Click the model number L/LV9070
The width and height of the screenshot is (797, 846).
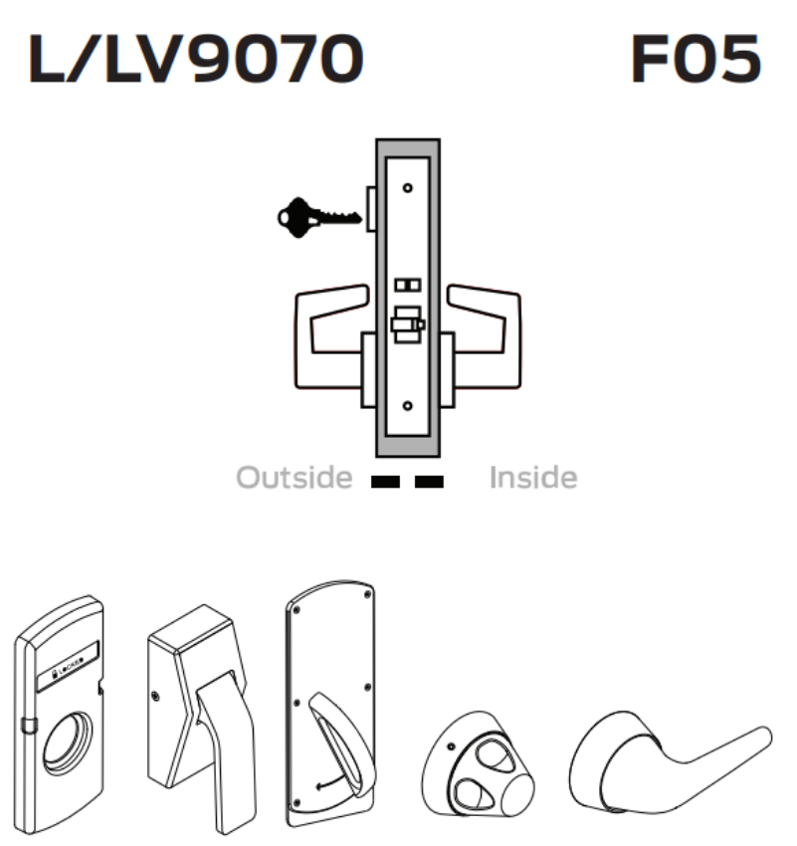(196, 62)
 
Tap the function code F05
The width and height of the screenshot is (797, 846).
(696, 62)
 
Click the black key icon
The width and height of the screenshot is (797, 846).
(316, 215)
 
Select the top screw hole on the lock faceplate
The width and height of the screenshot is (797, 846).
(407, 187)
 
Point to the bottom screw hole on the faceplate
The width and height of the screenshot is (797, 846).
(407, 406)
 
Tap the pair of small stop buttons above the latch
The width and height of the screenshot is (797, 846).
(407, 286)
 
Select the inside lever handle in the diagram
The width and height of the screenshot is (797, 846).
(484, 328)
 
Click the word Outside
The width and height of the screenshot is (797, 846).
(294, 479)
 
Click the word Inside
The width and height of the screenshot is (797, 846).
(532, 479)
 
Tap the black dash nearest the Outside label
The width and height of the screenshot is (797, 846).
(384, 482)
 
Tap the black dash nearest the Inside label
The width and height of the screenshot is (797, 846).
(429, 482)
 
